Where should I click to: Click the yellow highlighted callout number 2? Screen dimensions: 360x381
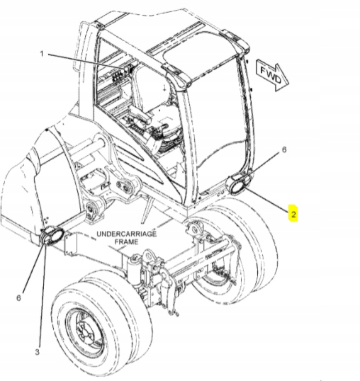click(293, 214)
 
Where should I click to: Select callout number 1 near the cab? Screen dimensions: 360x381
click(42, 54)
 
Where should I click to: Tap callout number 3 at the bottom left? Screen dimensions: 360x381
click(37, 351)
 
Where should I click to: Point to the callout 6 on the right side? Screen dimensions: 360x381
click(284, 149)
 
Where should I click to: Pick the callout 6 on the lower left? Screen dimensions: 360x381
click(18, 297)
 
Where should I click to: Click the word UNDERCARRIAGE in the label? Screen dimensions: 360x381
click(127, 234)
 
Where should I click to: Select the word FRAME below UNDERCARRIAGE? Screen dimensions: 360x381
click(126, 241)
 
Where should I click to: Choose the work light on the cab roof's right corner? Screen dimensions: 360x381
click(237, 41)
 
